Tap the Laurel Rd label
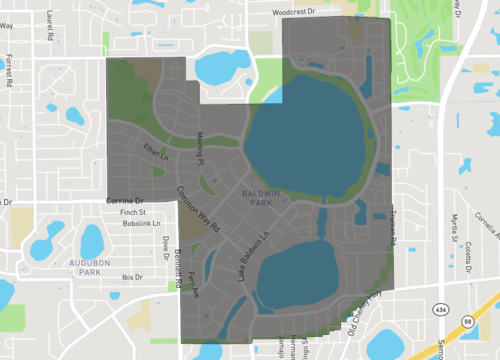pyautogui.click(x=50, y=24)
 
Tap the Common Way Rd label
pyautogui.click(x=199, y=208)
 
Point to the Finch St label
pyautogui.click(x=133, y=212)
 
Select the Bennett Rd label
pyautogui.click(x=176, y=265)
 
